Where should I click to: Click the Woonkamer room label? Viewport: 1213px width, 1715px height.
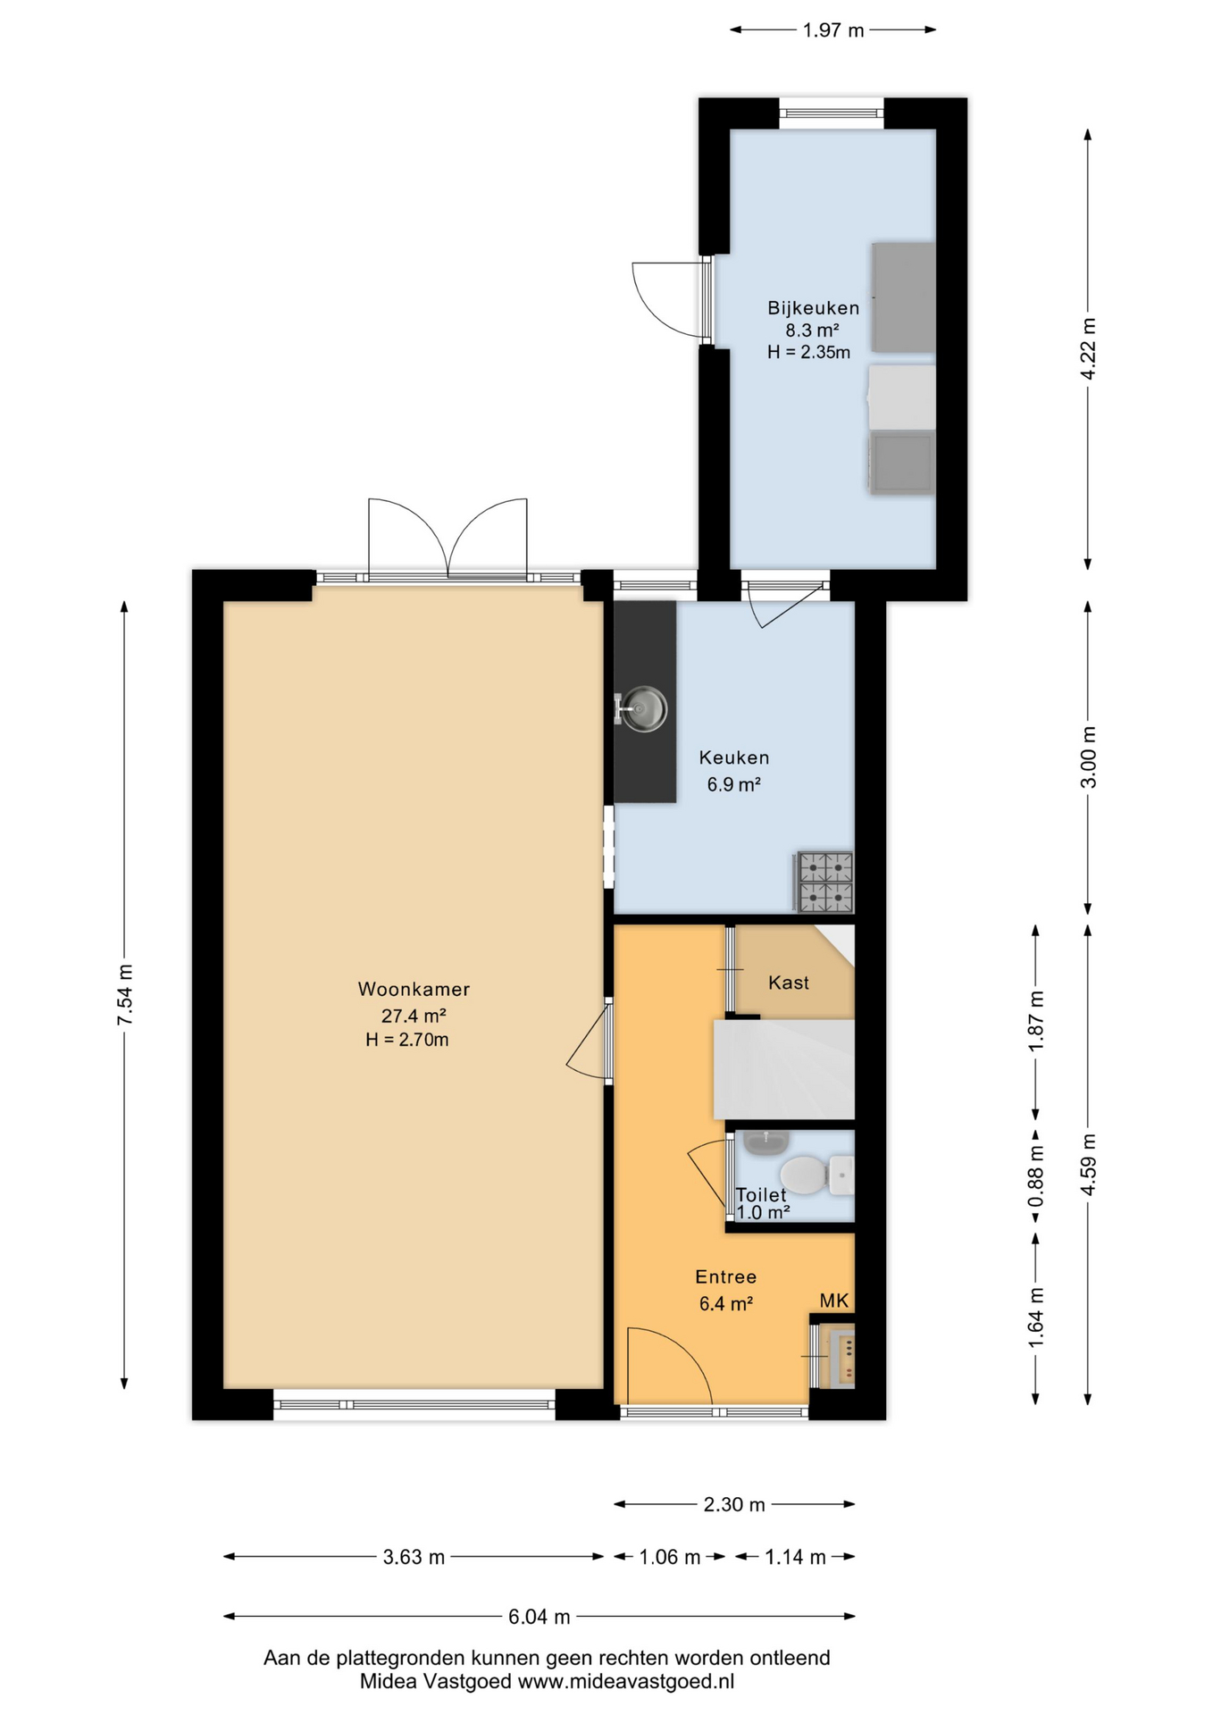pyautogui.click(x=414, y=989)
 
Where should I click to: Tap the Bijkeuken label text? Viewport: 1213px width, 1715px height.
pyautogui.click(x=814, y=308)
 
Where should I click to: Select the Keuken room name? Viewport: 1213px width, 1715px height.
pyautogui.click(x=734, y=757)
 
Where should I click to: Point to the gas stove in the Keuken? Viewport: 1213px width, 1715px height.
pyautogui.click(x=824, y=883)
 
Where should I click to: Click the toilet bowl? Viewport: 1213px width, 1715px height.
pyautogui.click(x=804, y=1175)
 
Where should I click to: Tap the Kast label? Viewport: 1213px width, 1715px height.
pyautogui.click(x=789, y=983)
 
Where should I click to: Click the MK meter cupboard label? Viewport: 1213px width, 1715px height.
pyautogui.click(x=834, y=1301)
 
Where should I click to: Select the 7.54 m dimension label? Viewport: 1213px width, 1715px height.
pyautogui.click(x=125, y=995)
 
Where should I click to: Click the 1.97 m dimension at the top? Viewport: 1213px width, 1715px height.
pyautogui.click(x=833, y=30)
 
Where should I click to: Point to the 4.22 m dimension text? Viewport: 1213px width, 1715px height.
pyautogui.click(x=1088, y=349)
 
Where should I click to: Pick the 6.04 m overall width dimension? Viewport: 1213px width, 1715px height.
pyautogui.click(x=540, y=1616)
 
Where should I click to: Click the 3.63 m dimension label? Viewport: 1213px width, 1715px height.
pyautogui.click(x=414, y=1557)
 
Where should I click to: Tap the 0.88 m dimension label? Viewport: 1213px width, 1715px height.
pyautogui.click(x=1036, y=1175)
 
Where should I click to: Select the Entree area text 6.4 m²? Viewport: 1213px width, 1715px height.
pyautogui.click(x=726, y=1304)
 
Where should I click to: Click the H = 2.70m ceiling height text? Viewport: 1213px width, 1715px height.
pyautogui.click(x=407, y=1040)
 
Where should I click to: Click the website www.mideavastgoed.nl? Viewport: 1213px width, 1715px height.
pyautogui.click(x=626, y=1681)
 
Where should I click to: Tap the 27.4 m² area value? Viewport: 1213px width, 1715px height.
pyautogui.click(x=414, y=1016)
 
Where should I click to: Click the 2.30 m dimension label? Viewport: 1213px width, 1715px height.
pyautogui.click(x=734, y=1504)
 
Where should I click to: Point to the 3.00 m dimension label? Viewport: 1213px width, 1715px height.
pyautogui.click(x=1088, y=757)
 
